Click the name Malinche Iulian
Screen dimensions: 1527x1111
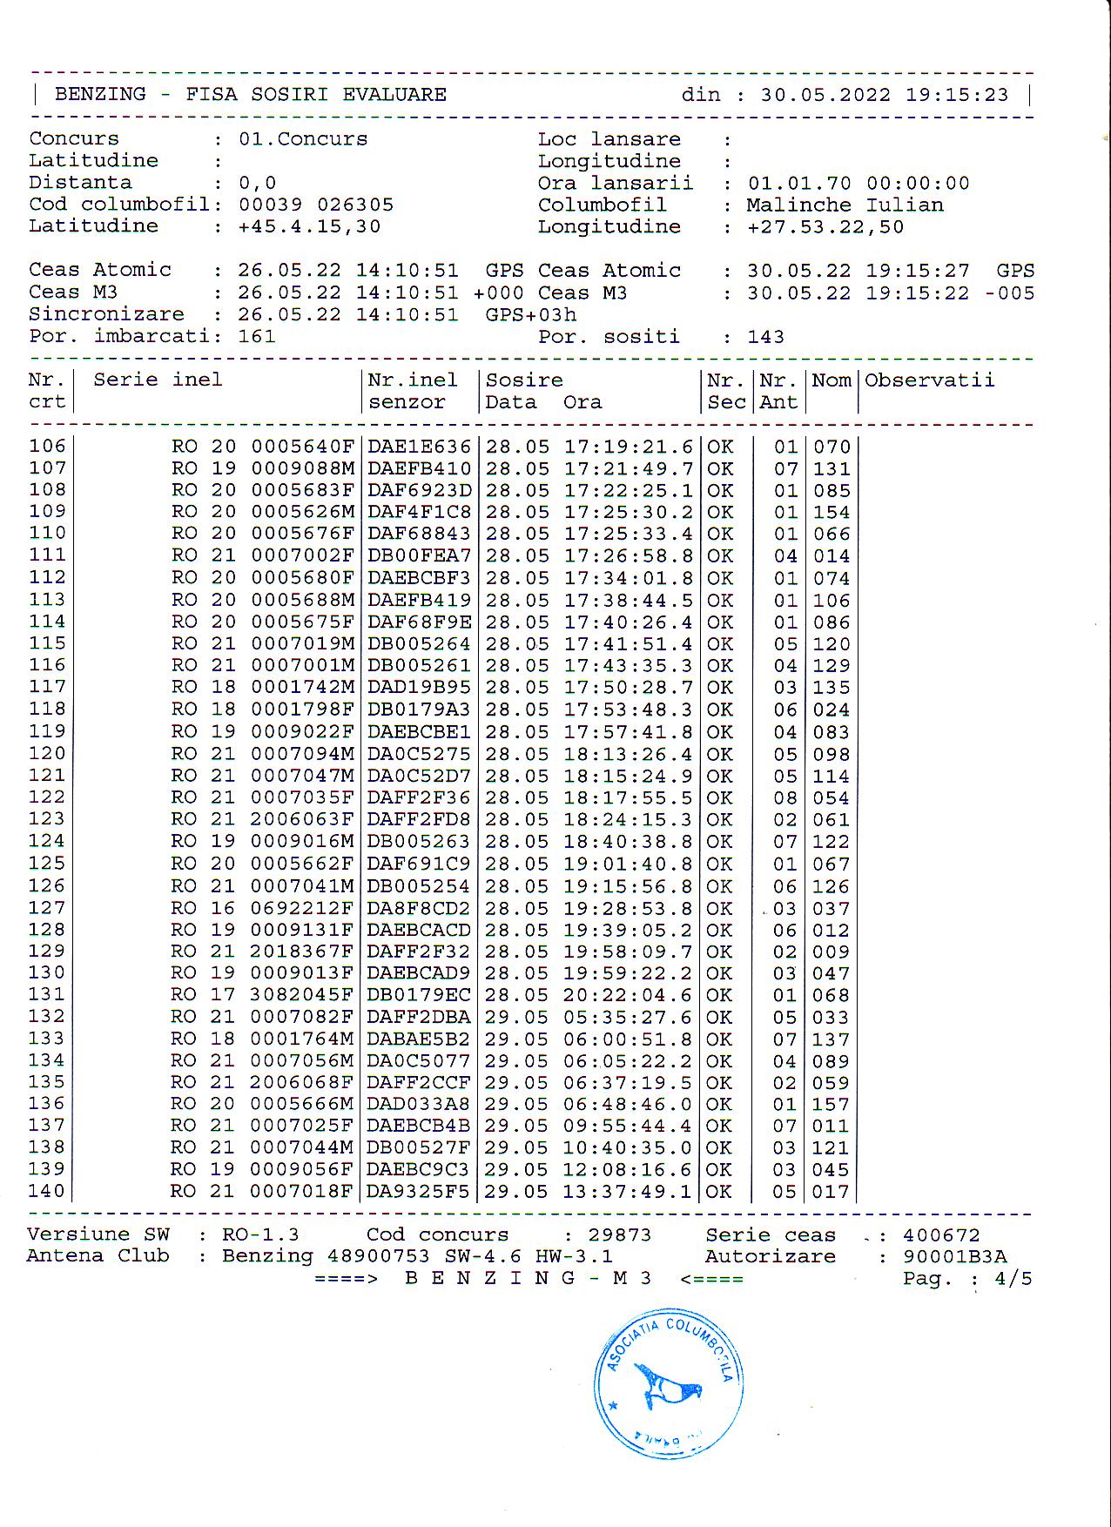[845, 205]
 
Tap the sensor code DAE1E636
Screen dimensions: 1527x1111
[419, 447]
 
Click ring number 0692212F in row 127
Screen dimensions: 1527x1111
[302, 908]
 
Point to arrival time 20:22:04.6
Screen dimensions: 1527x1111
[627, 995]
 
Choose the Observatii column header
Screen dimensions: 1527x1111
[929, 380]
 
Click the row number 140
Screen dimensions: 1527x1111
[46, 1191]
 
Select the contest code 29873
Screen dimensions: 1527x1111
[620, 1235]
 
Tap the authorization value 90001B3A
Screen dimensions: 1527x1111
[954, 1257]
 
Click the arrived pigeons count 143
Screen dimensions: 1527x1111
[765, 337]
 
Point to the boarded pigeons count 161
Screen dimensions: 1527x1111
[257, 337]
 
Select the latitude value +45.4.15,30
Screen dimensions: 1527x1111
[309, 227]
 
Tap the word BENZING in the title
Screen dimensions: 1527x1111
[100, 95]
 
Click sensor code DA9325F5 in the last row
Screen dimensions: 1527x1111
[418, 1191]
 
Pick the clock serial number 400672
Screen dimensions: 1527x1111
[941, 1235]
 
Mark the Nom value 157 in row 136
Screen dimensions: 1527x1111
[831, 1104]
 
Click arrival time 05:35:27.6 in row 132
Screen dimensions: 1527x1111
[627, 1017]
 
